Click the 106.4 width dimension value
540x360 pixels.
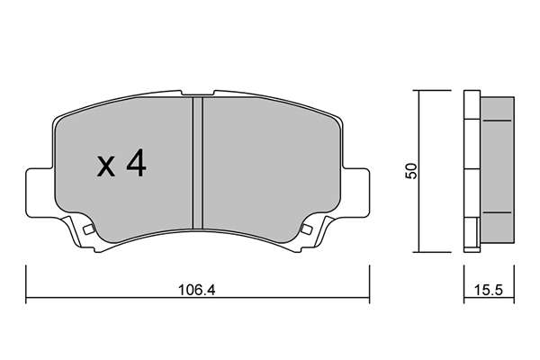click(196, 290)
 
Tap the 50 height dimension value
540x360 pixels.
click(411, 171)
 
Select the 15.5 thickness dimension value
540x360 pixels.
click(489, 290)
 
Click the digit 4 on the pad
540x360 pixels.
click(137, 165)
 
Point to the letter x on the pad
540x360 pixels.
click(105, 167)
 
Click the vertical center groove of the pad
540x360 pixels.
click(198, 163)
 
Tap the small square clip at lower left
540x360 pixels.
click(89, 229)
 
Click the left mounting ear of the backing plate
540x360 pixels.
click(40, 193)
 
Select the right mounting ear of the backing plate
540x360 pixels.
click(355, 193)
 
